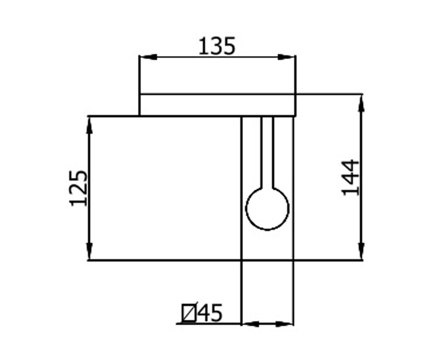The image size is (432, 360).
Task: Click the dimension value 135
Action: (217, 46)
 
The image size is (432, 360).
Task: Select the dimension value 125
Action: (78, 188)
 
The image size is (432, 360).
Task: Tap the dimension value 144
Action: (350, 177)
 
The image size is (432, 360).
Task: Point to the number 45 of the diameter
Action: (210, 313)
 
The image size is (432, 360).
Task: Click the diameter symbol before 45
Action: (189, 313)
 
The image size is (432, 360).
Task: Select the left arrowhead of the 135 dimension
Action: (148, 57)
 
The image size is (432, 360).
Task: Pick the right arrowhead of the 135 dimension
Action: (286, 57)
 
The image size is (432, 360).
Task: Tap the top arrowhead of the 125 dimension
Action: (89, 125)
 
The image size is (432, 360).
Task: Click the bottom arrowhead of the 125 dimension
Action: (89, 251)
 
